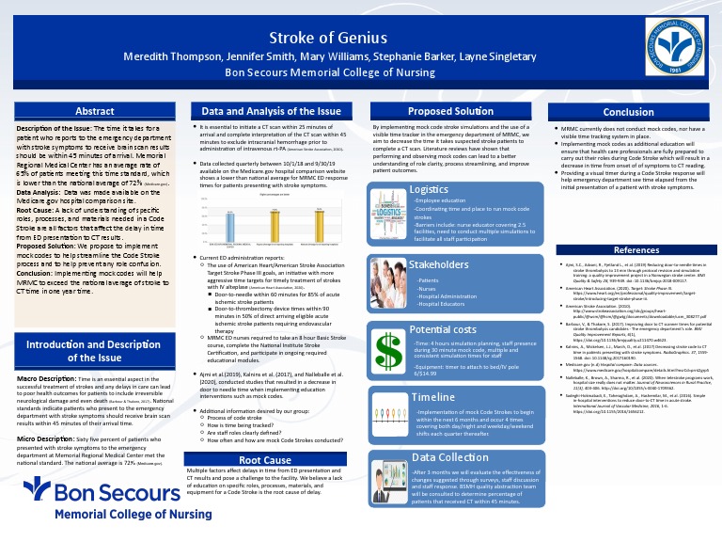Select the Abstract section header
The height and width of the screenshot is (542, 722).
95,112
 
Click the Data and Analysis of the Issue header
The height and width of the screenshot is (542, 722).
265,111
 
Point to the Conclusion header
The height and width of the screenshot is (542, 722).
628,112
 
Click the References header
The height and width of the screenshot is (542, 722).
636,250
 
